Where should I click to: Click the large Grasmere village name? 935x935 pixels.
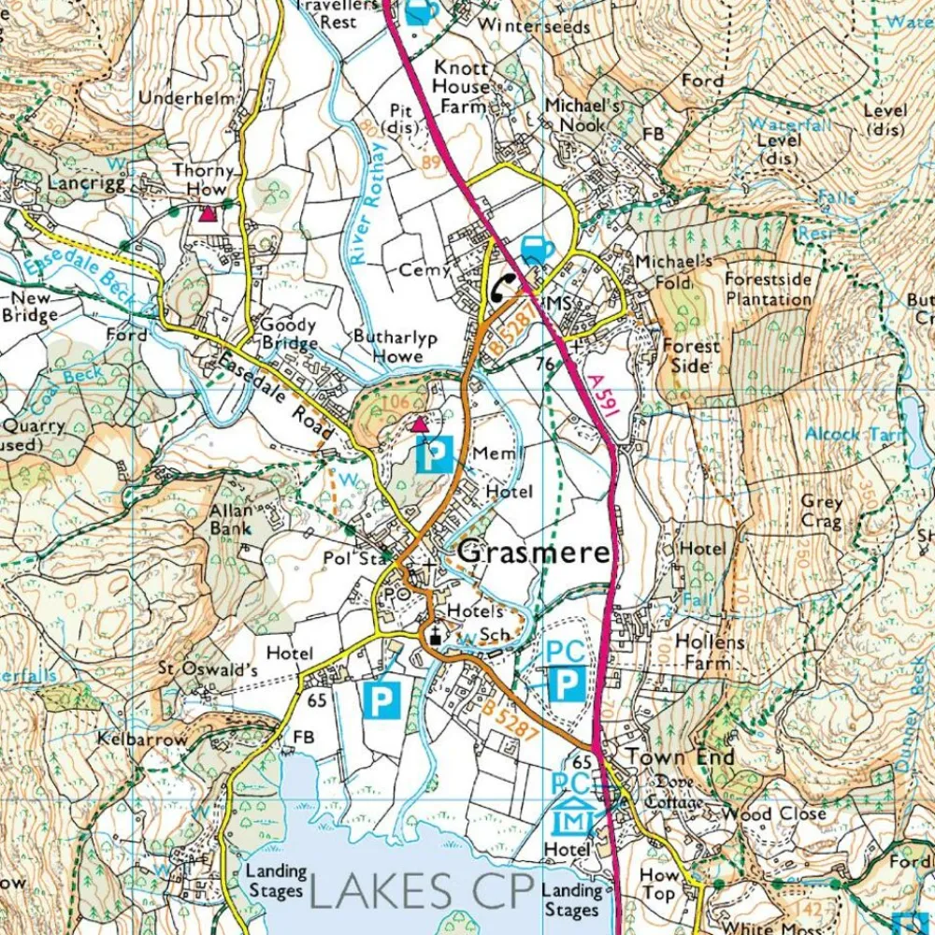click(535, 553)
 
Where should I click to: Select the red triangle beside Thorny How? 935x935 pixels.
click(207, 214)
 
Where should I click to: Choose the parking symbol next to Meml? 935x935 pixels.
click(434, 454)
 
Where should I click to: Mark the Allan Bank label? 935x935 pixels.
click(231, 519)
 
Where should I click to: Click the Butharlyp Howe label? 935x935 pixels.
click(395, 345)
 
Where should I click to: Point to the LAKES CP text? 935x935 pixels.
click(421, 890)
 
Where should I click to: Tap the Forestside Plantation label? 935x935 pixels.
click(769, 290)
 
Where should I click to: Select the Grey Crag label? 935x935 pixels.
click(822, 510)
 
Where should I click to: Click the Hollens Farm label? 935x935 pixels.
click(711, 653)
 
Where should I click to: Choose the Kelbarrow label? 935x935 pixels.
click(142, 739)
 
